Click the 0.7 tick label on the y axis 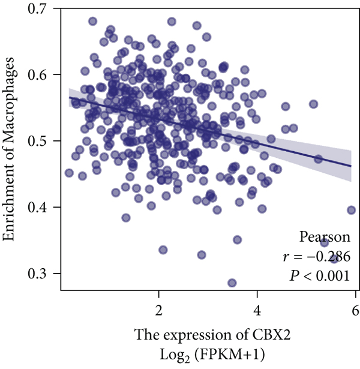[43, 8]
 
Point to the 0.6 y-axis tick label [43, 74]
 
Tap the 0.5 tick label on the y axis [43, 141]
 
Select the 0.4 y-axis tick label [43, 208]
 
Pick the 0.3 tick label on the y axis [43, 274]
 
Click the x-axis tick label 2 [159, 311]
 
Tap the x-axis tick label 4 [257, 311]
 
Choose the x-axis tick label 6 [355, 311]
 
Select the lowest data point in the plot [232, 283]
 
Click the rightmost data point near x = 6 [352, 210]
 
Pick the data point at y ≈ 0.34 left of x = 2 [163, 250]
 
